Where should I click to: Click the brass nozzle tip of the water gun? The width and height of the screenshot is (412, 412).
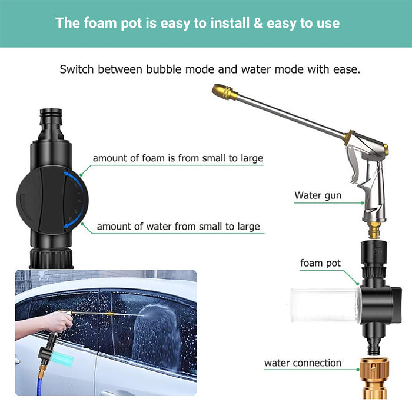(225, 92)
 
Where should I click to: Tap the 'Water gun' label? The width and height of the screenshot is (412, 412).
(318, 195)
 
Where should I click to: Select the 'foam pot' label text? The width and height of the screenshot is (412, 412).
(320, 263)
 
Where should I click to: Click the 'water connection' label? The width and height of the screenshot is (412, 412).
(303, 363)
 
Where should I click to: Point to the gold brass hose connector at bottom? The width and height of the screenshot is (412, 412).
(374, 378)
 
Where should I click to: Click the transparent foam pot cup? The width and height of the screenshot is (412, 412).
(324, 305)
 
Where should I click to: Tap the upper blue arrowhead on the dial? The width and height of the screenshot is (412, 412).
(67, 175)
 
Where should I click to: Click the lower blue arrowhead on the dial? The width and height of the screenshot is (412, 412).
(67, 225)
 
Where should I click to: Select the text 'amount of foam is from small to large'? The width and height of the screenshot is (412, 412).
(178, 158)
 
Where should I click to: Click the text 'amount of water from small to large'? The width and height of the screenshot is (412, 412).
(178, 227)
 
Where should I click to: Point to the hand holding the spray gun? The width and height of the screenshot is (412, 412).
(59, 321)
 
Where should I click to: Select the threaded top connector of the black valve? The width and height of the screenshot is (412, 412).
(51, 123)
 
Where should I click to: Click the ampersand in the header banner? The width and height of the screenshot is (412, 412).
(258, 23)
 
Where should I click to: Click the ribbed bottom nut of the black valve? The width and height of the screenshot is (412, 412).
(51, 258)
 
